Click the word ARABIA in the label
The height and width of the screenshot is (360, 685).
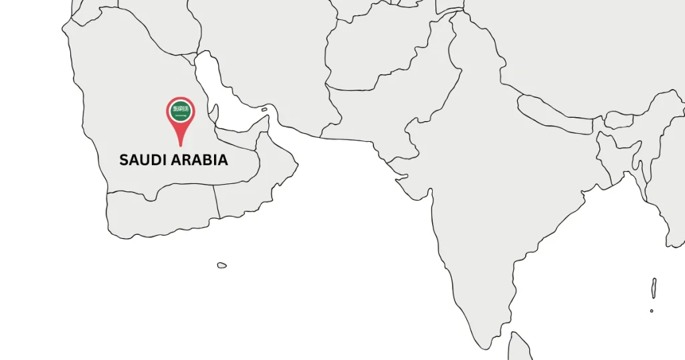click(199, 161)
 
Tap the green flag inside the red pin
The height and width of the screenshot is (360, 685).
click(181, 110)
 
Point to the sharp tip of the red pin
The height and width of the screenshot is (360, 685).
click(181, 145)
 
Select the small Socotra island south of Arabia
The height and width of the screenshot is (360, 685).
click(221, 265)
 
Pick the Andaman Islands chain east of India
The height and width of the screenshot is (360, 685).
click(654, 288)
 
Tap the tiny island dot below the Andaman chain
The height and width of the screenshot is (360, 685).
click(652, 310)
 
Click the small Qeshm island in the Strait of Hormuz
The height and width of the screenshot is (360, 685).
click(264, 109)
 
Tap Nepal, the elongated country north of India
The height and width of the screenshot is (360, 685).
click(555, 114)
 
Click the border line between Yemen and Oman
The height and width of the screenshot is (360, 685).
click(217, 201)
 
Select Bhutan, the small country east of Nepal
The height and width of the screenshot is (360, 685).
click(619, 120)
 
